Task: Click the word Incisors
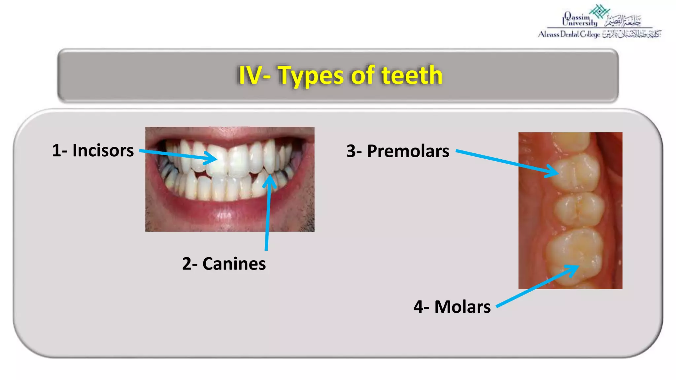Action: point(103,151)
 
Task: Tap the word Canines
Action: point(234,264)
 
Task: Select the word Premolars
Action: point(408,151)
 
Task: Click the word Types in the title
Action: point(311,76)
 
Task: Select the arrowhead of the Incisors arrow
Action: point(213,159)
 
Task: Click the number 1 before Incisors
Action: point(56,151)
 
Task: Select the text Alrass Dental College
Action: point(569,34)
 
